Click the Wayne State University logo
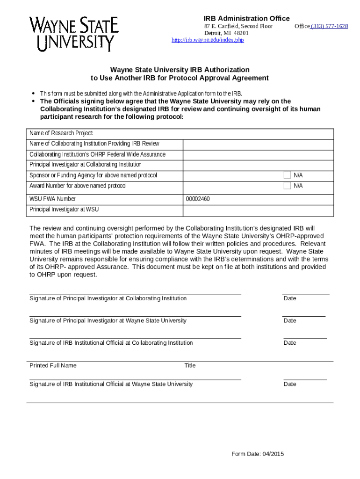point(74,33)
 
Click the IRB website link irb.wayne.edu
point(208,40)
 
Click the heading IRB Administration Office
point(243,18)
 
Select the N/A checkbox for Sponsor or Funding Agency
point(288,175)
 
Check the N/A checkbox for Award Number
point(288,186)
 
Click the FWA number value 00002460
point(198,199)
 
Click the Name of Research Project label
point(61,133)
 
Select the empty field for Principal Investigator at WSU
point(258,210)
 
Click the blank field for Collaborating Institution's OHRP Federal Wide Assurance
point(258,155)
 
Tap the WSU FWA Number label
point(52,199)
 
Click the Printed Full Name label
point(53,365)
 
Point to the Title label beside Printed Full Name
point(190,365)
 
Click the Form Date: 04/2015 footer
point(258,454)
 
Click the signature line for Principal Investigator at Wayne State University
point(135,316)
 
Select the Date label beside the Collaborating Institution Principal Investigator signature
point(290,298)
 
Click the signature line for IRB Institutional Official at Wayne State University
point(135,379)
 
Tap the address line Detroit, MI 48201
point(226,33)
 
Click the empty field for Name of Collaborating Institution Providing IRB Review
point(258,144)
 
